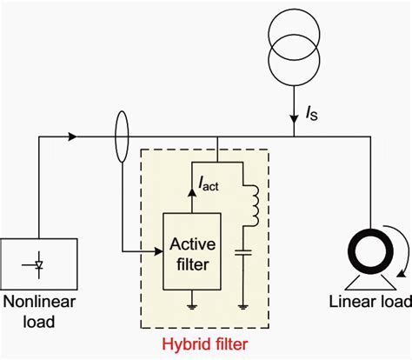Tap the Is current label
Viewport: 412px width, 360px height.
tap(313, 111)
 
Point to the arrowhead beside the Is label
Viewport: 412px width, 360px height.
tap(296, 118)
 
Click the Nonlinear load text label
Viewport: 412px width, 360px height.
tap(36, 311)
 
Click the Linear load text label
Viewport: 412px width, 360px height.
tap(365, 303)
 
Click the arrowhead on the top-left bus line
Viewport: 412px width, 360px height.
tap(71, 136)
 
